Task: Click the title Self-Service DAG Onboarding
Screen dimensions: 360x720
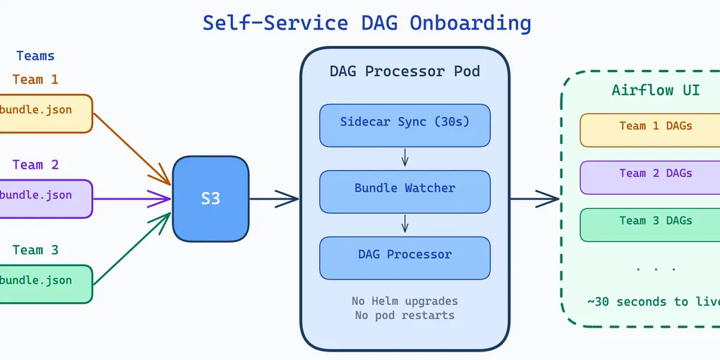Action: (366, 23)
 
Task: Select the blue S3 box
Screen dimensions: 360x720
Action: (210, 198)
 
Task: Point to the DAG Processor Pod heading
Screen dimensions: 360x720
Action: (404, 71)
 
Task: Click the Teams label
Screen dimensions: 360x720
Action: (35, 56)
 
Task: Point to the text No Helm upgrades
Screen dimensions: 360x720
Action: (404, 301)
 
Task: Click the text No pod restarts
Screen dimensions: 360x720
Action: (404, 315)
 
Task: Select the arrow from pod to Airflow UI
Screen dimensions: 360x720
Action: (534, 199)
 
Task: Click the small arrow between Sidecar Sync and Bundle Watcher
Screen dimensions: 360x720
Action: (405, 158)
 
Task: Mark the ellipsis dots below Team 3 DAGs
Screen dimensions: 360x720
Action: (656, 270)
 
